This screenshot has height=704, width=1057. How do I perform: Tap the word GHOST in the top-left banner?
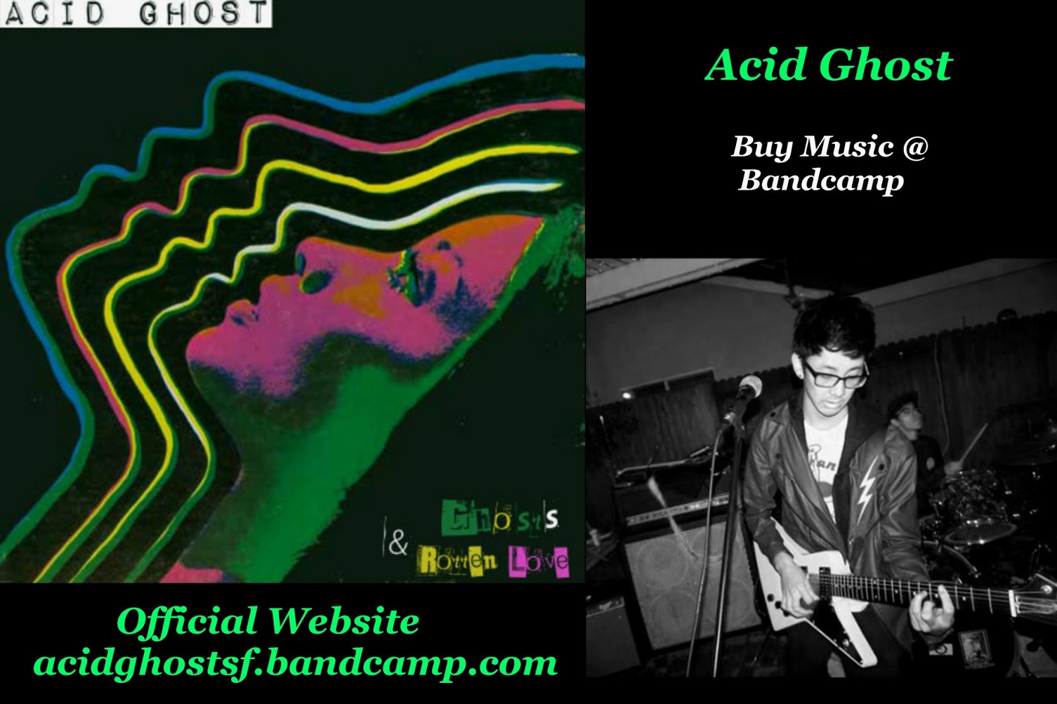pyautogui.click(x=202, y=13)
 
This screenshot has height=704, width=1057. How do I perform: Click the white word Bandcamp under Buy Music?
pyautogui.click(x=820, y=180)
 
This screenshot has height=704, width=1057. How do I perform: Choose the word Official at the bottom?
pyautogui.click(x=187, y=622)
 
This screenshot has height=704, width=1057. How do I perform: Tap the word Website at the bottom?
pyautogui.click(x=344, y=621)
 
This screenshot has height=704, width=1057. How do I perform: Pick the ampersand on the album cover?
pyautogui.click(x=398, y=543)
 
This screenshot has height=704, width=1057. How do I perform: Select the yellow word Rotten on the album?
pyautogui.click(x=457, y=561)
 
